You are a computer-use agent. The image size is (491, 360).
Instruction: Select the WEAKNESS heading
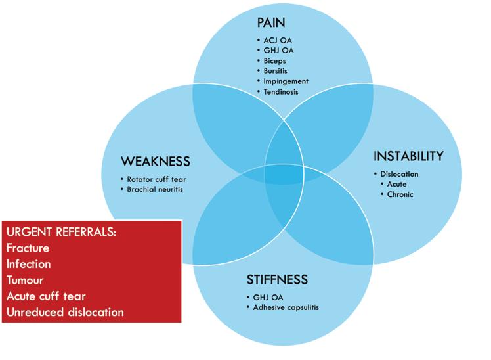[155, 162]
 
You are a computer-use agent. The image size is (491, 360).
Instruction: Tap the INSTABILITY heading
[408, 156]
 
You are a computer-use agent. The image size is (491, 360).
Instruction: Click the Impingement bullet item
[286, 81]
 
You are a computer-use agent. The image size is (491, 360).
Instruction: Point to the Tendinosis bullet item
[281, 92]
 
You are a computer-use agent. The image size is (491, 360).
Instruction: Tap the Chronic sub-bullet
[400, 194]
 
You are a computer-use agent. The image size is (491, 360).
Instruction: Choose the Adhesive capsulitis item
[286, 307]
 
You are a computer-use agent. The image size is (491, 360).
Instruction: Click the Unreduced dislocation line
[65, 312]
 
